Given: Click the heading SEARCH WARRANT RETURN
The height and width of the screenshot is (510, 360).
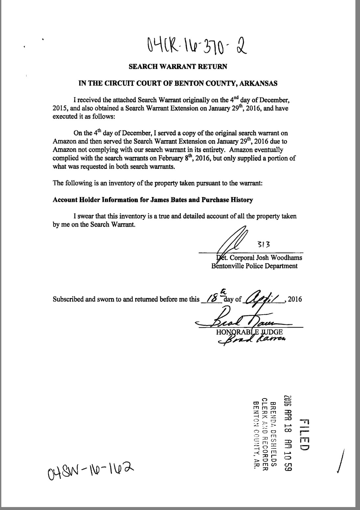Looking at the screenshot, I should (x=178, y=66).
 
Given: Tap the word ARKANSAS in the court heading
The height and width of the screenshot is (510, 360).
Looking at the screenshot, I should (x=258, y=83).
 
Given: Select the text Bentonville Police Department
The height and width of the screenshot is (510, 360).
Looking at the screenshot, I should (x=254, y=266).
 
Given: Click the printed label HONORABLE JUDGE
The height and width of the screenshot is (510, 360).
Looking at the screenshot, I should (x=249, y=332).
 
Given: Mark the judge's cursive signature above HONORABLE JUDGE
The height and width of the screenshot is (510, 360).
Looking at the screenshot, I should (x=240, y=319).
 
